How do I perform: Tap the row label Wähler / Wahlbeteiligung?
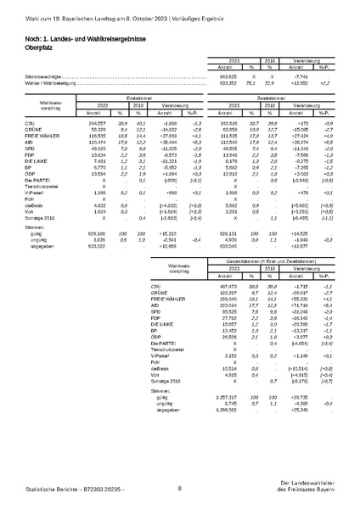click(x=50, y=82)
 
